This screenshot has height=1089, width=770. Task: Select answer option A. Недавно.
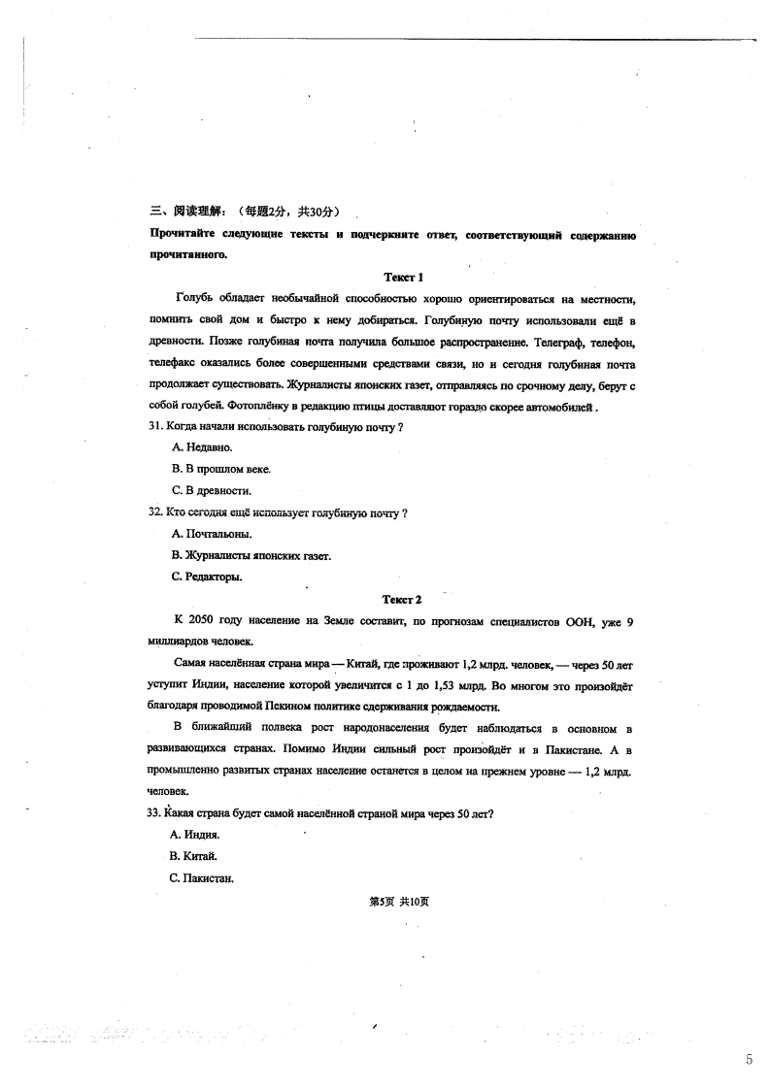point(202,447)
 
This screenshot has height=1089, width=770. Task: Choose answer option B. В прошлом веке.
point(220,469)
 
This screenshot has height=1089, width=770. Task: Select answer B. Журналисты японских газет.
point(251,555)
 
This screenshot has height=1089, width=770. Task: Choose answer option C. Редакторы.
point(206,577)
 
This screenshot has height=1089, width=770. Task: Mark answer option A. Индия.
point(195,835)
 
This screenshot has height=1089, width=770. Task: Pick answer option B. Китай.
point(193,857)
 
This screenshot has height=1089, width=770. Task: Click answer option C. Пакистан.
point(202,879)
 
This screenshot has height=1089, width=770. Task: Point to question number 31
point(155,426)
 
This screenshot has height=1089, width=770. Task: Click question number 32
point(155,512)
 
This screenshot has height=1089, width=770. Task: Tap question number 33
point(155,813)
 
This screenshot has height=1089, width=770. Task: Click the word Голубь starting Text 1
point(195,298)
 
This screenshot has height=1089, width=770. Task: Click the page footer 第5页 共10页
point(399,902)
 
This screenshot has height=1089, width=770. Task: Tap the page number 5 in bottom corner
point(749,1059)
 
